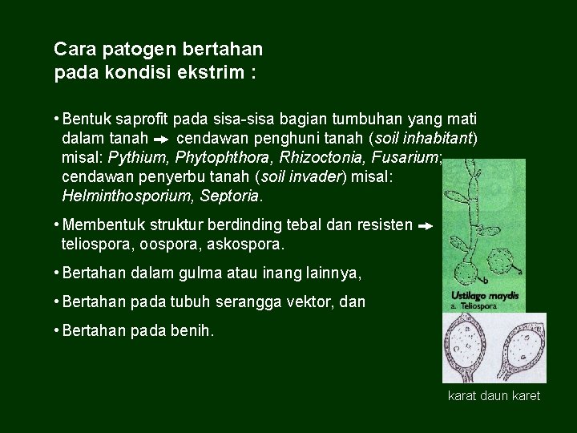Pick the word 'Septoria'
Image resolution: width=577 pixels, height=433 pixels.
(229, 196)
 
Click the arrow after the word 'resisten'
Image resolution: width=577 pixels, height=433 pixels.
(426, 227)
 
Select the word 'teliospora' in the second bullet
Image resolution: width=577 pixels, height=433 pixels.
(94, 244)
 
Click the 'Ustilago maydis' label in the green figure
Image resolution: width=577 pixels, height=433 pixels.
(485, 296)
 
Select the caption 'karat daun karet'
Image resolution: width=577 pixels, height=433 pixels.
(494, 396)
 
